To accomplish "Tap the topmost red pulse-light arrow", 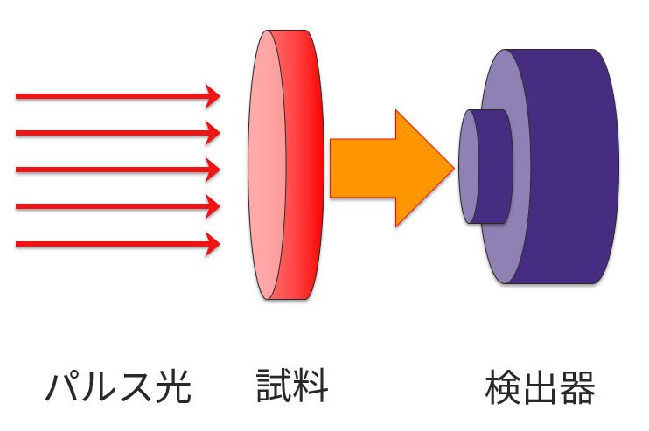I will (114, 95).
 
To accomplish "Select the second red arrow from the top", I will (114, 132).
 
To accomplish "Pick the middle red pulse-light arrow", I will (114, 169).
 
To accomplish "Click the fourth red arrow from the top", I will (114, 206).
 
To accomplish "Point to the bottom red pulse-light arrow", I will (114, 244).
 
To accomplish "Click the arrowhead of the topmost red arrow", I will (213, 95).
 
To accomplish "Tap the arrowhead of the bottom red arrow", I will (213, 244).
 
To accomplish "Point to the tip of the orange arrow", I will (452, 168).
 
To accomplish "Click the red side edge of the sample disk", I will (304, 166).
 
